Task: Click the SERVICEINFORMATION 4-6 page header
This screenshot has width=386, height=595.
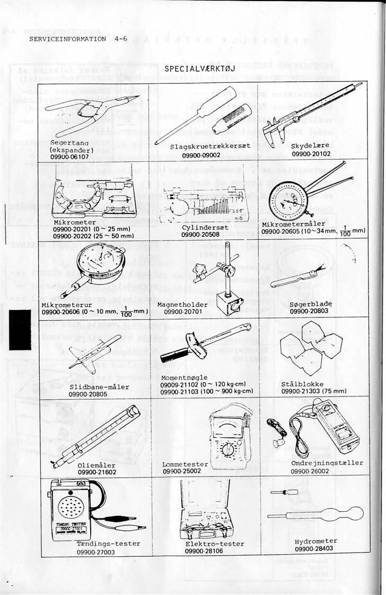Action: (78, 39)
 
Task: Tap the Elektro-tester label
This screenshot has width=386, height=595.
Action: (215, 544)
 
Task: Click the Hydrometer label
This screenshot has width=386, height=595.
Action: (315, 541)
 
